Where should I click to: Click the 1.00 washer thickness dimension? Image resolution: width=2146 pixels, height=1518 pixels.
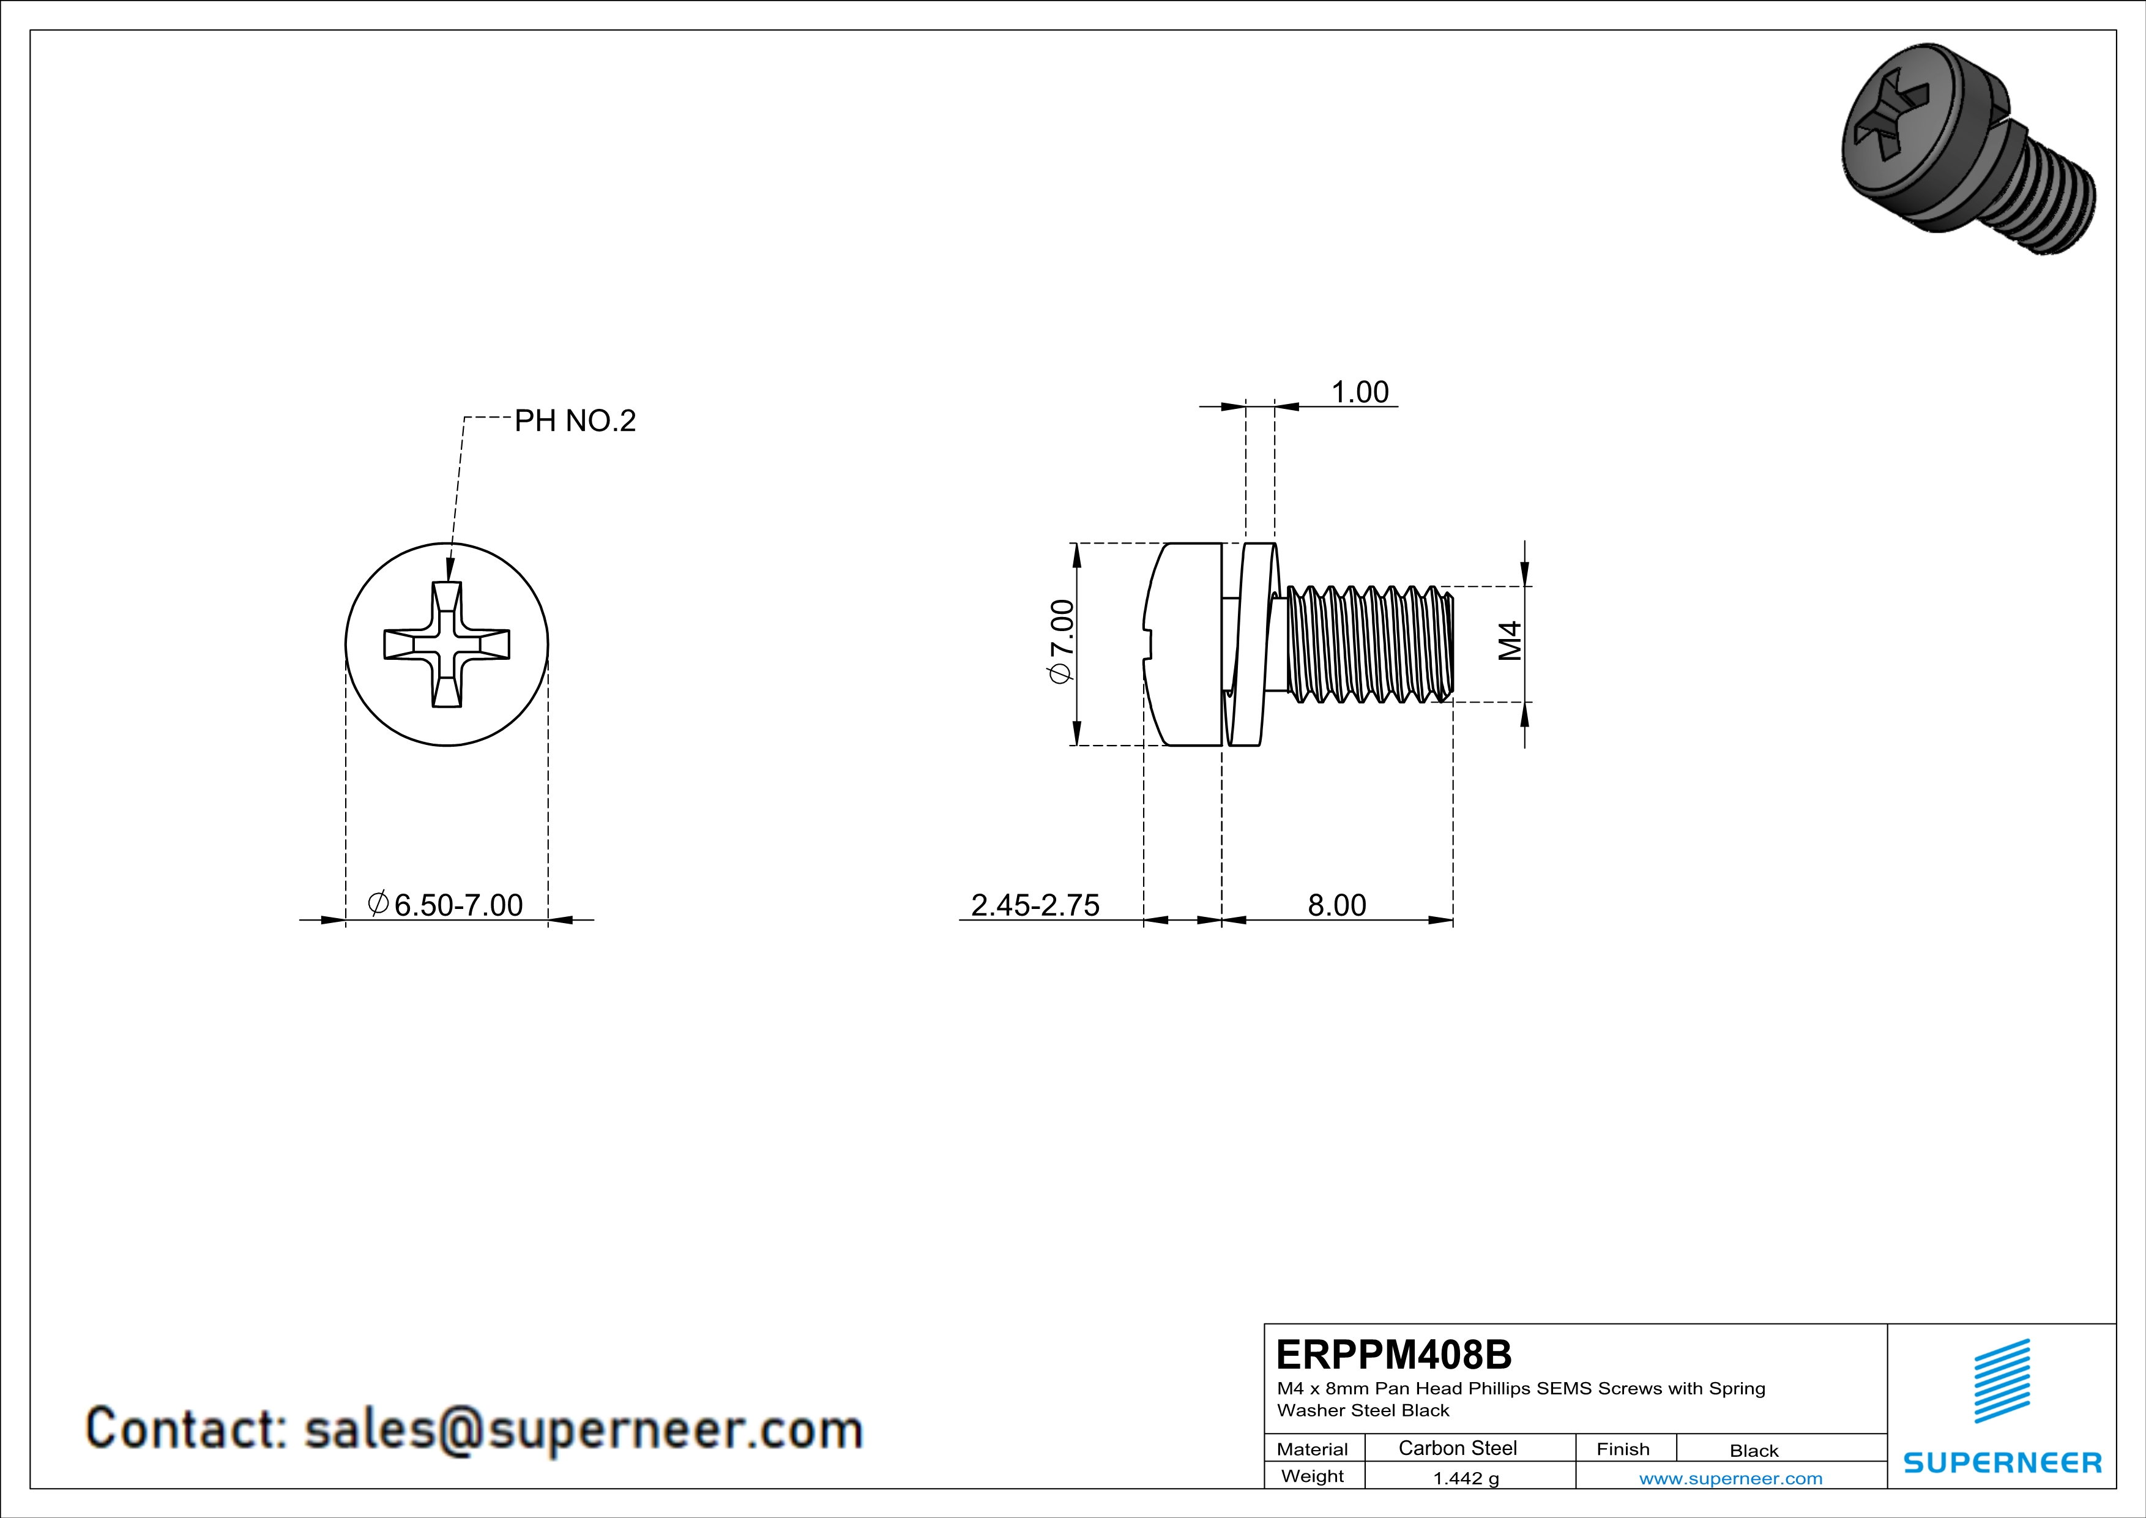[1359, 392]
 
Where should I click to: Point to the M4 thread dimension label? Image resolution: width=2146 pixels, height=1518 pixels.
[1510, 641]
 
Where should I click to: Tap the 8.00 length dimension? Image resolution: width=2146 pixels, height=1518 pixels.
[1336, 905]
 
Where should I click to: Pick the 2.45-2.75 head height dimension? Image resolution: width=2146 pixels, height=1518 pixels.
[1035, 905]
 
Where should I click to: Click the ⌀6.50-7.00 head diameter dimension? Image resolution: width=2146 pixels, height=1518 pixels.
[446, 905]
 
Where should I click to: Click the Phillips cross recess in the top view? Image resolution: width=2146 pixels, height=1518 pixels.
[447, 644]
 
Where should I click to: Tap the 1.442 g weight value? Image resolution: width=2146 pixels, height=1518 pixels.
[1466, 1478]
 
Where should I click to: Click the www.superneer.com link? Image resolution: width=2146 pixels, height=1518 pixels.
[1730, 1478]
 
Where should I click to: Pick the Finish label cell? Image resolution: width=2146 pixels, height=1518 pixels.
[1623, 1449]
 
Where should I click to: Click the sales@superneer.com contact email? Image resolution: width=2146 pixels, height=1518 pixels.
[583, 1429]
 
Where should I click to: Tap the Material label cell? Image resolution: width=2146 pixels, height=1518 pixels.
[1313, 1449]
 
